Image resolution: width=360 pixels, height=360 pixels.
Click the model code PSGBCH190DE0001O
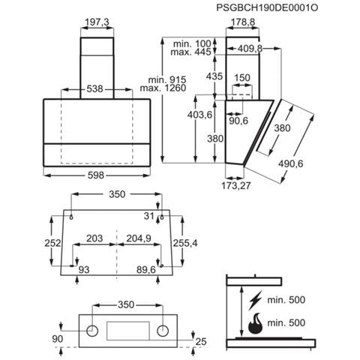(x=267, y=7)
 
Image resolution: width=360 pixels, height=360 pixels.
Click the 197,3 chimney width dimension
(x=97, y=22)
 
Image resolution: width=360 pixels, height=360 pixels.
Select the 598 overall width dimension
(x=96, y=175)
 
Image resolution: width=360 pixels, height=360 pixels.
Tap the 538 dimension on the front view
(x=94, y=88)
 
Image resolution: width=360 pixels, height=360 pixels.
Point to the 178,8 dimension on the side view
(x=242, y=22)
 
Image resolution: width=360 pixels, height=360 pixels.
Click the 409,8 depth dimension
(x=250, y=49)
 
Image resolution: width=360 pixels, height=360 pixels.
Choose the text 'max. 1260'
(x=163, y=88)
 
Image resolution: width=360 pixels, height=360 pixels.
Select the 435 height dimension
(x=214, y=76)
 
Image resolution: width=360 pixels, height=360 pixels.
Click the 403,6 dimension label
(x=199, y=115)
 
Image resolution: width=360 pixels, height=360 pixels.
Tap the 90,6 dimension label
(x=238, y=121)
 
